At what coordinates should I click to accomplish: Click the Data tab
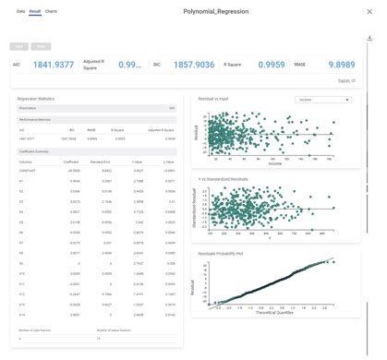click(20, 11)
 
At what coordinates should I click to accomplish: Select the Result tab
click(35, 11)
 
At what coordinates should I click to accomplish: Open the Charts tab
click(51, 11)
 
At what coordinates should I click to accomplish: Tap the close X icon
click(370, 12)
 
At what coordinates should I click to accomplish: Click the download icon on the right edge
click(370, 39)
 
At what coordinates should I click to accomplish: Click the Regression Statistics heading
click(36, 98)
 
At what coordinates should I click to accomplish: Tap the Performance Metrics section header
click(33, 119)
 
